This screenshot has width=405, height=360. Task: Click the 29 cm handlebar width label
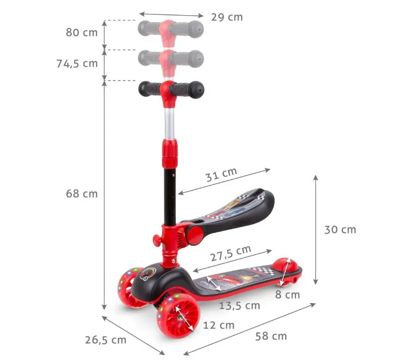pos(227,17)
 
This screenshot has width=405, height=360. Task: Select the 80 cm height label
pos(81,32)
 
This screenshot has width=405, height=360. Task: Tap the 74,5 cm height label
pos(77,63)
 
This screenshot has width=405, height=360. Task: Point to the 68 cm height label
pos(81,194)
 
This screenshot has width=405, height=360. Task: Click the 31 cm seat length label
pos(221,175)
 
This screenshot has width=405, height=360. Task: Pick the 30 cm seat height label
pos(340,229)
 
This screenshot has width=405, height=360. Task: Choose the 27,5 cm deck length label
pos(230,253)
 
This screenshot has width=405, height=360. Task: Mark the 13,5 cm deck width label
pos(240,305)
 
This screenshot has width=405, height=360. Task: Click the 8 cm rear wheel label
pos(288,295)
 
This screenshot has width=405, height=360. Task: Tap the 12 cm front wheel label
pos(219,325)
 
